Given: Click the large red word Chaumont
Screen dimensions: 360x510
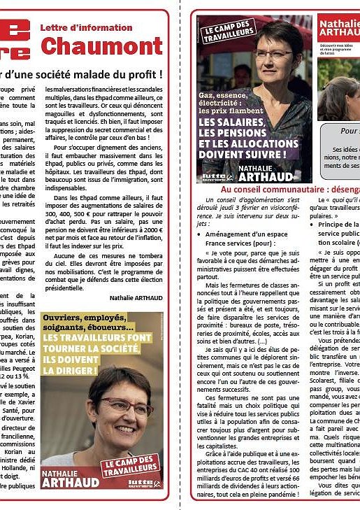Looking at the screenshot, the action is [101, 46].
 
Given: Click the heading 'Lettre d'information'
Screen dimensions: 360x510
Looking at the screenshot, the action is [87, 27].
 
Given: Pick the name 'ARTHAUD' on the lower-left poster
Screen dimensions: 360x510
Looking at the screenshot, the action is [69, 481].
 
